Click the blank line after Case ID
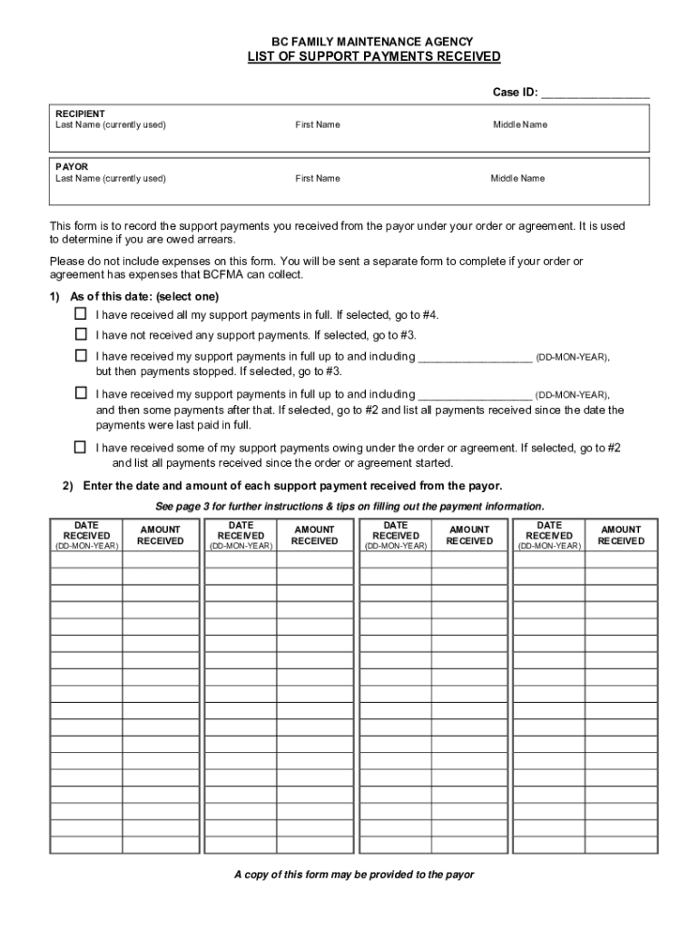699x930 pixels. click(596, 93)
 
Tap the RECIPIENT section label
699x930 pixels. click(80, 114)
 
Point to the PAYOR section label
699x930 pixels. click(72, 167)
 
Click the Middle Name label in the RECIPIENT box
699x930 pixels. click(520, 124)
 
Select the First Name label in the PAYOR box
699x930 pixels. click(318, 178)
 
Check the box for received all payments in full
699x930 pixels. click(80, 313)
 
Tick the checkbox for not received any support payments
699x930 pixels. click(80, 334)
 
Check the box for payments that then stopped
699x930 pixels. click(80, 356)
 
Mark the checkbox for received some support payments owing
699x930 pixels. click(80, 447)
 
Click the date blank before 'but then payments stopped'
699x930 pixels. click(474, 358)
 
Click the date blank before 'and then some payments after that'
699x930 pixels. click(474, 395)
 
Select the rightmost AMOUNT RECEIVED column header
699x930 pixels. click(621, 535)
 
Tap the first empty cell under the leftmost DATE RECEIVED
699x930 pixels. click(86, 560)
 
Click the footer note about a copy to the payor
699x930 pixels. click(354, 875)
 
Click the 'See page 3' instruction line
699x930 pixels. click(350, 506)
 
